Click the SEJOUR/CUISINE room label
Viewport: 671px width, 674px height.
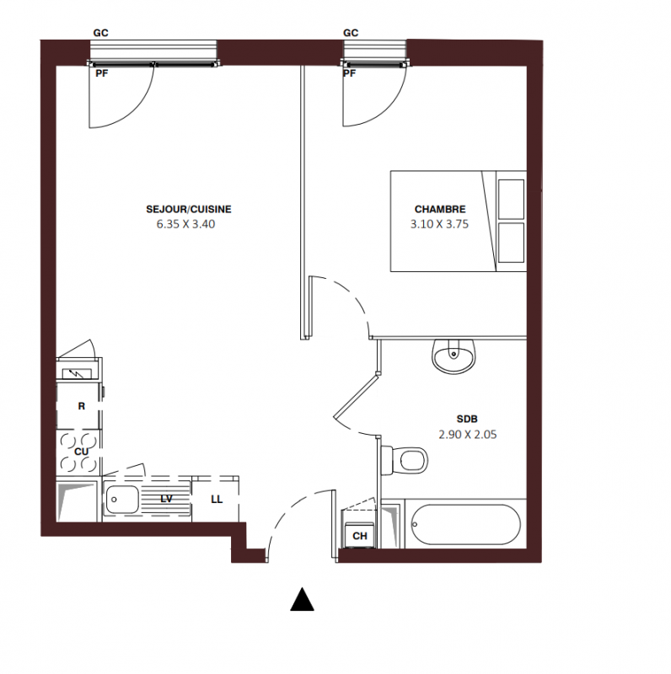coord(188,209)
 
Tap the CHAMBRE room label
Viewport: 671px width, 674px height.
coord(440,209)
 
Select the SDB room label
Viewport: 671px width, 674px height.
coord(467,419)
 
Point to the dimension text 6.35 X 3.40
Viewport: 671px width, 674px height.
coord(185,224)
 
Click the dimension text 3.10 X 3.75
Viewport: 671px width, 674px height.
coord(439,224)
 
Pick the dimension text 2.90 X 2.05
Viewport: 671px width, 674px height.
coord(468,435)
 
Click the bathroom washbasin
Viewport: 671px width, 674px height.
coord(454,356)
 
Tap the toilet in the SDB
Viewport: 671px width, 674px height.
coord(405,460)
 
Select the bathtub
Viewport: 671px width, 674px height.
coord(465,524)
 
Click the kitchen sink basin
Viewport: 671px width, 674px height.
coord(122,500)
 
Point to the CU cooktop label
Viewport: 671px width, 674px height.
coord(81,452)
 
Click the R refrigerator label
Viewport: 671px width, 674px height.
coord(81,406)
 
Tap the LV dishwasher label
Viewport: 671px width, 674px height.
coord(166,499)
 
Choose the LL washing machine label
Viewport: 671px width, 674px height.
coord(217,499)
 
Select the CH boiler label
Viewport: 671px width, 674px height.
coord(360,536)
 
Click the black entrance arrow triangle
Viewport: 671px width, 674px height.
coord(303,599)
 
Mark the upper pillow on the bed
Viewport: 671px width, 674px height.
coord(511,200)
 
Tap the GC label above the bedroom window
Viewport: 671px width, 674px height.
coord(351,33)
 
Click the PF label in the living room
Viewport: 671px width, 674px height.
coord(101,73)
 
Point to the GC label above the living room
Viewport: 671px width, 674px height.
coord(100,33)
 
